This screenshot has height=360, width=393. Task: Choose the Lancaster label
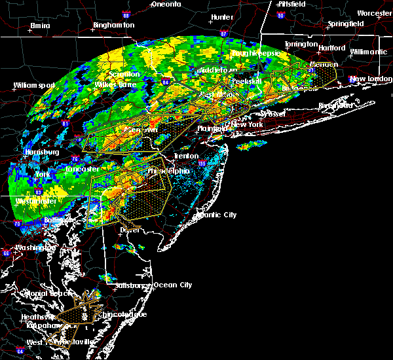click(x=83, y=169)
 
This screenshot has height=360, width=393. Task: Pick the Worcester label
click(x=375, y=13)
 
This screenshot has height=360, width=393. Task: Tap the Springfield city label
click(x=347, y=24)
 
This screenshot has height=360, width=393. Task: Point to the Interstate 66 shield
click(x=6, y=253)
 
